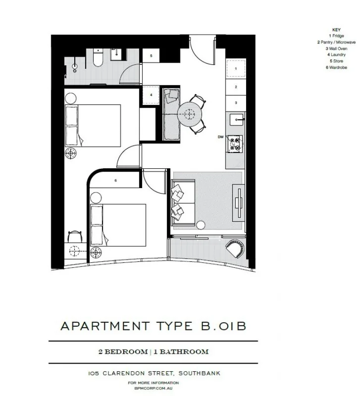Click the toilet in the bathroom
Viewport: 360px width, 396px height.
pos(97,60)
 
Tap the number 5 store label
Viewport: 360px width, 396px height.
pos(151,56)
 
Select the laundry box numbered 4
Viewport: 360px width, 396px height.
pos(151,94)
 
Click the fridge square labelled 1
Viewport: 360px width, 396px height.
pos(236,68)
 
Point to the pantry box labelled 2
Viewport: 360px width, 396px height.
pos(236,87)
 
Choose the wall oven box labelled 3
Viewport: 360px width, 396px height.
pos(236,102)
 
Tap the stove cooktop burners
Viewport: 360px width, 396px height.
pos(234,144)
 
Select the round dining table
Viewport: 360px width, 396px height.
pos(190,113)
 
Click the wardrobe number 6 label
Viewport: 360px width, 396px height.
pos(115,180)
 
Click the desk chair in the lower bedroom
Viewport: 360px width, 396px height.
pos(74,237)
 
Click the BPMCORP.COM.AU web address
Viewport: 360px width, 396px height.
pos(153,389)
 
